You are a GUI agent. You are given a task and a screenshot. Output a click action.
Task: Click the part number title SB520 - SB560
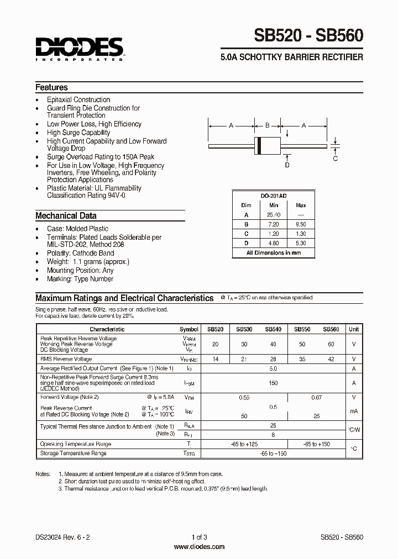308,36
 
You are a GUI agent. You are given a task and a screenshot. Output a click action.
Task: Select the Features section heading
51,87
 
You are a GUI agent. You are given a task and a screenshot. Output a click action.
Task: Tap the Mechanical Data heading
66,216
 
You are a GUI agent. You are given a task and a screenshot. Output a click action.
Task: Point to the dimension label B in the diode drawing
267,126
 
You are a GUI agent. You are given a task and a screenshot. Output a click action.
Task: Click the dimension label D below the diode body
287,165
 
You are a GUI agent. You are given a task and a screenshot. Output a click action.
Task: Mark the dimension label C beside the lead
336,159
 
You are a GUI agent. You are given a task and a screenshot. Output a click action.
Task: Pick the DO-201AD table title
273,196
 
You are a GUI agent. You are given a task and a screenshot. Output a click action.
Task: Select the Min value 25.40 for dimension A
273,215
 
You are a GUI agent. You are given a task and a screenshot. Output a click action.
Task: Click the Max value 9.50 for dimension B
301,224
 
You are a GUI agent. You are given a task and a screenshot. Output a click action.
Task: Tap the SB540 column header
273,329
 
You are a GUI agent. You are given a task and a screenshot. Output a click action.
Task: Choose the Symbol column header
189,329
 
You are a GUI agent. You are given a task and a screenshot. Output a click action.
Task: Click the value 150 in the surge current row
273,382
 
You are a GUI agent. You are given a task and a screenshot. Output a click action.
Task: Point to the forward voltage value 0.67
317,397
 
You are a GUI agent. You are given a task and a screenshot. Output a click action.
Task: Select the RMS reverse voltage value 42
331,359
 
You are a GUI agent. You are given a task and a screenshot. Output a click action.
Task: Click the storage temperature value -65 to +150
273,453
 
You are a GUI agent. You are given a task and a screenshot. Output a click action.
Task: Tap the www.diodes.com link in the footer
199,547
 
